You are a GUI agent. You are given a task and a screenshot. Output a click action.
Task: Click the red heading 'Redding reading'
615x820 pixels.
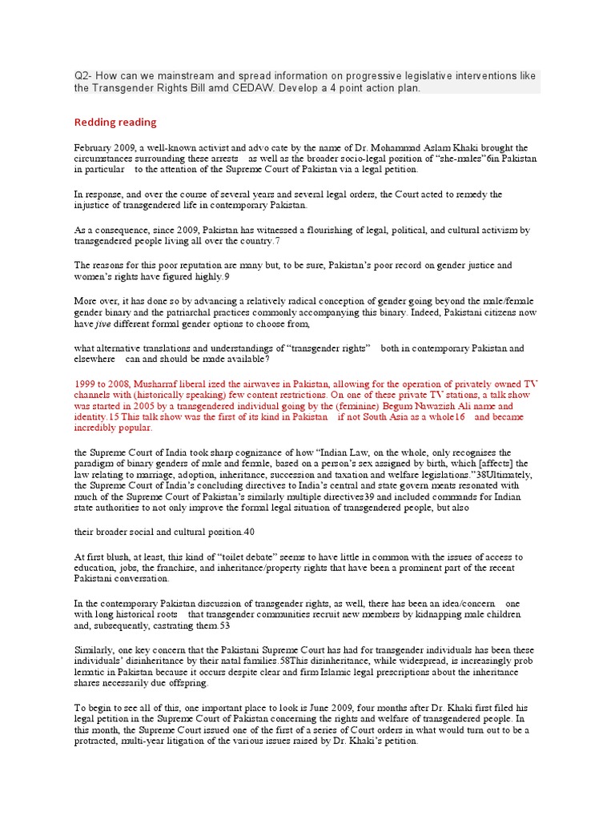(x=115, y=123)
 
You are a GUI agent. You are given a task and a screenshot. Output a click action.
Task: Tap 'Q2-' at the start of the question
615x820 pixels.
(x=84, y=76)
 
